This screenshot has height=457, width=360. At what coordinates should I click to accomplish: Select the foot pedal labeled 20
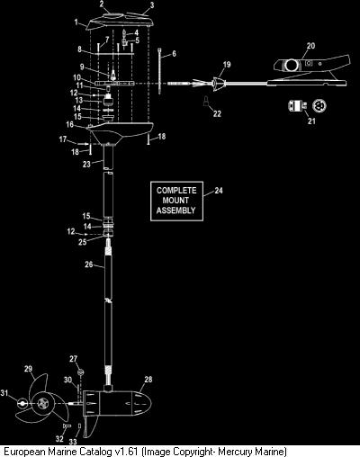[x=310, y=70]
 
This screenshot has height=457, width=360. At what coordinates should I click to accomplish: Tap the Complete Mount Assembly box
[x=176, y=201]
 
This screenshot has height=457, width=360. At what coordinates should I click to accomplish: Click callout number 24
[x=219, y=191]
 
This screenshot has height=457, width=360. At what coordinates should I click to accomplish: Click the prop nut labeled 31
[x=22, y=403]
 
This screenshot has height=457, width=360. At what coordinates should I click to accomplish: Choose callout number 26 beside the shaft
[x=89, y=264]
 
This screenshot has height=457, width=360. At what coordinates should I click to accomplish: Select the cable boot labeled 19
[x=218, y=84]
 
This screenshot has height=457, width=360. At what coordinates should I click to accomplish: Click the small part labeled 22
[x=206, y=102]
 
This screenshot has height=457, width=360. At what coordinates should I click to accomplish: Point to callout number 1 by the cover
[x=76, y=22]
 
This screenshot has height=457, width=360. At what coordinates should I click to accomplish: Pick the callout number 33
[x=73, y=442]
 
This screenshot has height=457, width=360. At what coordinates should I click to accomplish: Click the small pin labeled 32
[x=67, y=426]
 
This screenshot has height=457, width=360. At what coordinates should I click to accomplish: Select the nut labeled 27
[x=80, y=372]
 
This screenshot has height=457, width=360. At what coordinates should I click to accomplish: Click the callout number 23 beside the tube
[x=86, y=164]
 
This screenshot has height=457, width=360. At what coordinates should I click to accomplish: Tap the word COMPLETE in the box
[x=176, y=191]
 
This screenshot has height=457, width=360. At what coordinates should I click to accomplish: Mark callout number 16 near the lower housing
[x=69, y=124]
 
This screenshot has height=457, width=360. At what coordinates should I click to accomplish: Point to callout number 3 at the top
[x=152, y=5]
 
